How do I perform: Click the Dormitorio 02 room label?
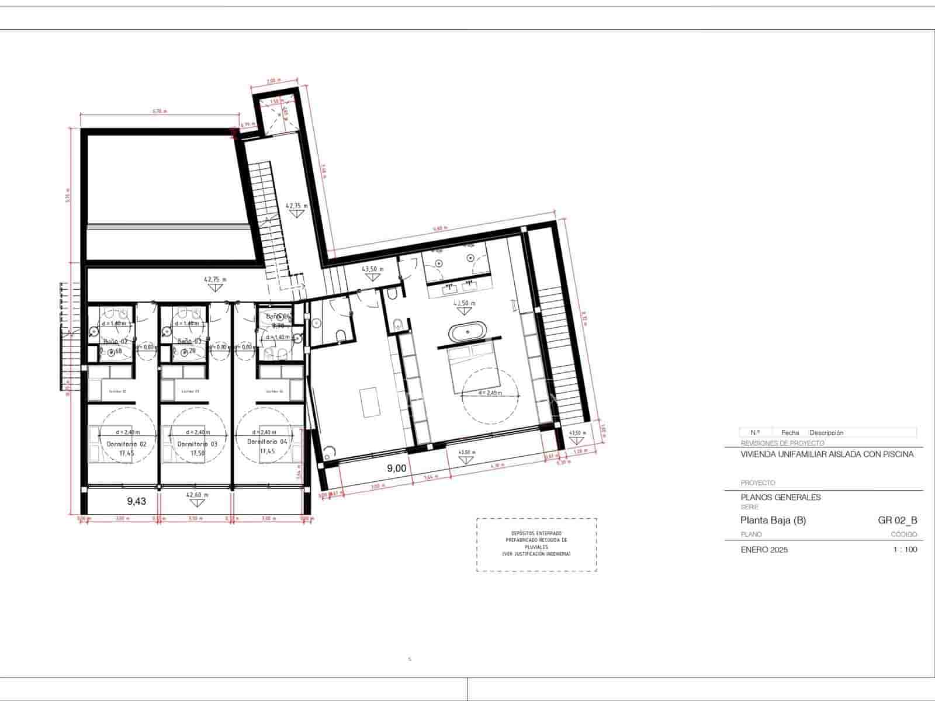pos(127,444)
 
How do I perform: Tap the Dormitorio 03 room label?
pos(197,444)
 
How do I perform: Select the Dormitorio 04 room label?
pos(266,442)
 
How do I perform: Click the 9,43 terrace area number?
pos(136,501)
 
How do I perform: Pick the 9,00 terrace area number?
pos(397,468)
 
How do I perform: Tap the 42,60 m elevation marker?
pos(198,495)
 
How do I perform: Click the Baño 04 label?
pos(278,317)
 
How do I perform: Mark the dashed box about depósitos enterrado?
pos(536,544)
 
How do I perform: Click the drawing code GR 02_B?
pos(897,520)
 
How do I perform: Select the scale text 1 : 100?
pos(905,550)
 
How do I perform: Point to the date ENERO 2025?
pos(764,550)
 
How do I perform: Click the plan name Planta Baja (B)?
pos(773,520)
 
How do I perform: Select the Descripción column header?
pos(826,433)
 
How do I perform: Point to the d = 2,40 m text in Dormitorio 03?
pos(198,432)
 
